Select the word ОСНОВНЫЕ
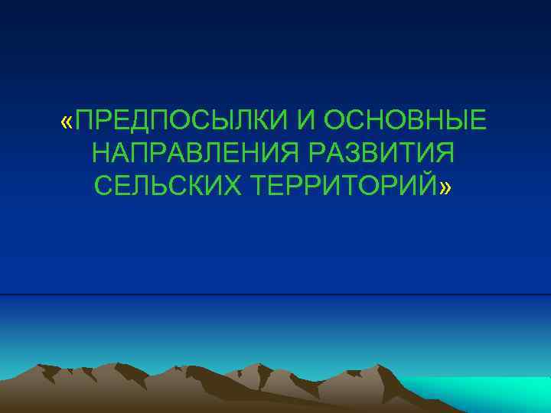coord(405,120)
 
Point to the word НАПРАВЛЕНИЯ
coord(197,153)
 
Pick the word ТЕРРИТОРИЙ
coord(337,186)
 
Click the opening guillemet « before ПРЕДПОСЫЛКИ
coord(68,121)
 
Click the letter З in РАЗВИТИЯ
coord(351,153)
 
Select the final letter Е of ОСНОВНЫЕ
coord(477,120)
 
